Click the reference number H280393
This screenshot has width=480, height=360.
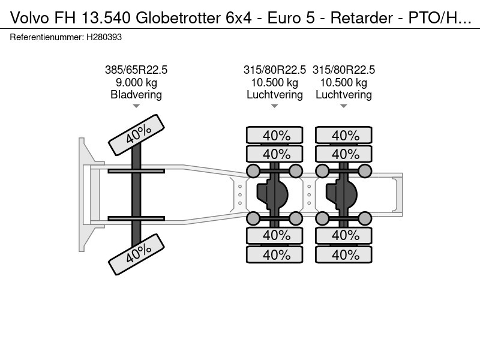click(104, 37)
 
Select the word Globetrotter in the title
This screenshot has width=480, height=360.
click(178, 18)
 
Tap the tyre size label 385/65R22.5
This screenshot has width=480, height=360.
click(136, 70)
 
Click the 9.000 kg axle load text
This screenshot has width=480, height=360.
click(136, 82)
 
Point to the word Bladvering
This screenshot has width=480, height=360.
click(136, 95)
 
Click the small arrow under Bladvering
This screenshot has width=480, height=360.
click(136, 106)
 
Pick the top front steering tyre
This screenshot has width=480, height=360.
click(137, 134)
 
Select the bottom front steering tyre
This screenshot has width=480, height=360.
click(137, 254)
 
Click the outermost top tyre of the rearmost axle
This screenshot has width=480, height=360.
click(343, 135)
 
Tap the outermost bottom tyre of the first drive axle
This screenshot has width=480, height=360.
click(275, 254)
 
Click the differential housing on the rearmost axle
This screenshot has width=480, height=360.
click(342, 194)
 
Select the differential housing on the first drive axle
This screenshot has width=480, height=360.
click(273, 194)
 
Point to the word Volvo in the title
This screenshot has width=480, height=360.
click(29, 18)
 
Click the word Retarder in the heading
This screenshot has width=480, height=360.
click(362, 18)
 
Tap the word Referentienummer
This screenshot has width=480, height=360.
click(47, 37)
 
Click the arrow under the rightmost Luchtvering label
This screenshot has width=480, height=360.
click(343, 106)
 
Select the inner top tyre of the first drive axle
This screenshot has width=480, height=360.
click(275, 154)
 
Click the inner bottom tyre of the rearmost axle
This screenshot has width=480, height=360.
click(343, 235)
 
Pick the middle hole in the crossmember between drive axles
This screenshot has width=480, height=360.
click(309, 194)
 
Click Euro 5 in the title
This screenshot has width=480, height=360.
click(291, 18)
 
